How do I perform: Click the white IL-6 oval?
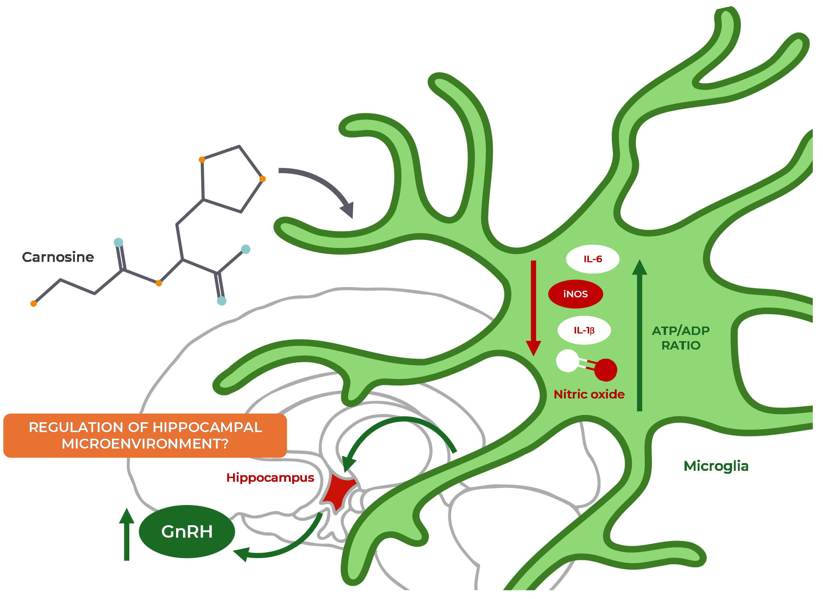592,259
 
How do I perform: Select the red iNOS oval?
575,294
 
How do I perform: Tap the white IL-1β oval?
584,330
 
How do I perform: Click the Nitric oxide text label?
589,394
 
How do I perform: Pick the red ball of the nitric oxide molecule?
605,370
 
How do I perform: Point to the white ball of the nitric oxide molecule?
567,361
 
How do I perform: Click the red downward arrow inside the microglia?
533,307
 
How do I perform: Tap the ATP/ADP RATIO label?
681,338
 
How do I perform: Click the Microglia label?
716,466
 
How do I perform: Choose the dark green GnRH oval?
187,531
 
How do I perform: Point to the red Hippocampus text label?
270,478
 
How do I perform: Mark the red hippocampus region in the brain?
338,491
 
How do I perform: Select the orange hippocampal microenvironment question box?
145,435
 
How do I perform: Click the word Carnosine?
58,257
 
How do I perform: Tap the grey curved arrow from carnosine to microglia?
321,186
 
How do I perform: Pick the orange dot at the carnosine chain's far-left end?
34,303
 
